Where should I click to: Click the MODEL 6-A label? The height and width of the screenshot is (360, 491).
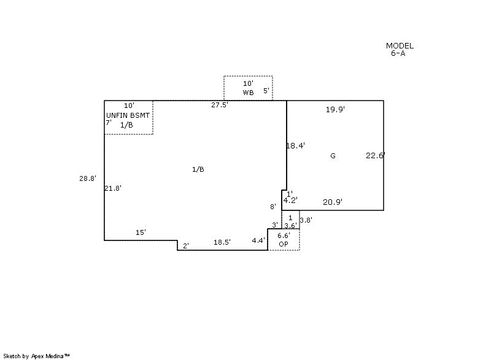(400, 49)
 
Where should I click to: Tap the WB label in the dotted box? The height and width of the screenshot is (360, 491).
(248, 93)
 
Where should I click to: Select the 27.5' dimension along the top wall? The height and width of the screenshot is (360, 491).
(220, 105)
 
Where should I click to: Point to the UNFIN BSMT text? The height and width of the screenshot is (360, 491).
(128, 115)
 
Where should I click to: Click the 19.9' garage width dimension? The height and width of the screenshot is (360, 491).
(335, 109)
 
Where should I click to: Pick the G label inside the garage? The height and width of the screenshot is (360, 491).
(333, 156)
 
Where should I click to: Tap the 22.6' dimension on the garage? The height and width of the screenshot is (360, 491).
(375, 155)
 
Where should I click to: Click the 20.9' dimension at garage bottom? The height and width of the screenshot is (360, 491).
(333, 201)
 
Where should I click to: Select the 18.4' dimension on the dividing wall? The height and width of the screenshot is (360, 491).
(296, 145)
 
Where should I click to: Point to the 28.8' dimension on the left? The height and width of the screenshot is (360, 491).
(88, 178)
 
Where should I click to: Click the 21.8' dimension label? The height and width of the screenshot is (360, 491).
(113, 188)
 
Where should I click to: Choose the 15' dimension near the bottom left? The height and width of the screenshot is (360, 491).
(141, 232)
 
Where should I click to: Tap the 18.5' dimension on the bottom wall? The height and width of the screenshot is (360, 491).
(222, 242)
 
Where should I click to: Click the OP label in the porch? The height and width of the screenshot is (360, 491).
(284, 244)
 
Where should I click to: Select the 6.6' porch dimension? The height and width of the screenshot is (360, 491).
(284, 236)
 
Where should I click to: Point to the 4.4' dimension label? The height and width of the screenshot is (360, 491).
(258, 240)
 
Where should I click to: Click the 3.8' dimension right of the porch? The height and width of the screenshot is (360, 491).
(306, 220)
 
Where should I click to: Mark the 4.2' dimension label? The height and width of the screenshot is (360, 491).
(290, 200)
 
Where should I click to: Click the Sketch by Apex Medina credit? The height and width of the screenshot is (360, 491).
(37, 355)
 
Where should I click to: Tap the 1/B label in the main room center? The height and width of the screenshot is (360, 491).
(198, 169)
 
